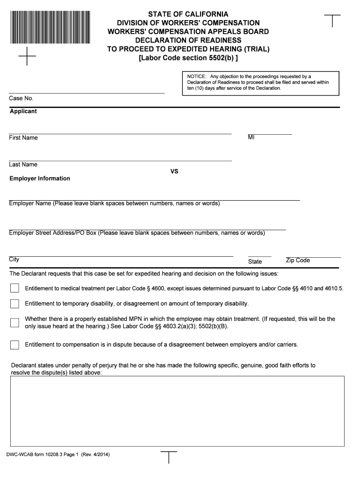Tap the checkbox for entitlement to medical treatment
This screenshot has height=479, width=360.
[x=15, y=288]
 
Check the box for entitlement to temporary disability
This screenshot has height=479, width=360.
[x=15, y=304]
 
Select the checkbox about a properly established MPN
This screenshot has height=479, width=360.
[x=15, y=322]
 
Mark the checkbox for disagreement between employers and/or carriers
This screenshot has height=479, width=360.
[x=15, y=345]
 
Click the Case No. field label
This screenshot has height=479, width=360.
[x=21, y=98]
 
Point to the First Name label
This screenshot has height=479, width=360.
[x=23, y=138]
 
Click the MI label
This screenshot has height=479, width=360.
[x=251, y=138]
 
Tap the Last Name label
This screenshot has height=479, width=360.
[x=23, y=165]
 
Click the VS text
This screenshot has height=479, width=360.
[x=174, y=172]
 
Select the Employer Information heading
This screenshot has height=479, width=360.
[x=40, y=179]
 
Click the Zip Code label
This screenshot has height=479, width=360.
[x=298, y=261]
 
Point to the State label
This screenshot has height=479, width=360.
[x=255, y=262]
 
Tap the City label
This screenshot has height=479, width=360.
[x=14, y=260]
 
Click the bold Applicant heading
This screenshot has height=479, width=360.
[x=23, y=111]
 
